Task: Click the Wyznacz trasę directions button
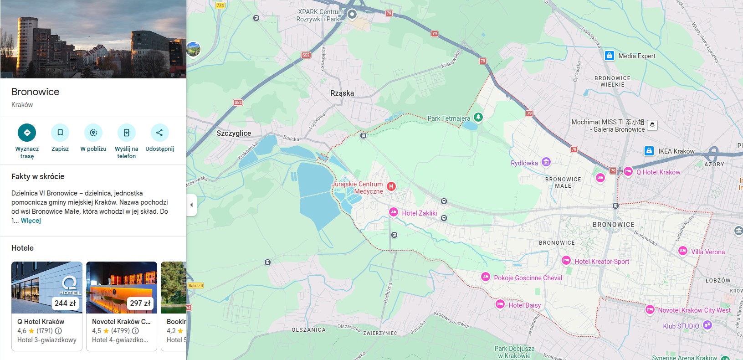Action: (27, 133)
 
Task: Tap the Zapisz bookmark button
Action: (60, 133)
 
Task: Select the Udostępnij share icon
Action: (159, 133)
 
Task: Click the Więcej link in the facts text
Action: (31, 221)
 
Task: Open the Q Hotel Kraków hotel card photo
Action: (47, 287)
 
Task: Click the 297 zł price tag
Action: (140, 303)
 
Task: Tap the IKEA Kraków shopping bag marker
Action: (649, 151)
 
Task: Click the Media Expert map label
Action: (636, 56)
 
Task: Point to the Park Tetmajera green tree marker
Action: (478, 117)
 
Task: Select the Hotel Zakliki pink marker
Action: (393, 212)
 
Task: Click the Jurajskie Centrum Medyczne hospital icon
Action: (391, 186)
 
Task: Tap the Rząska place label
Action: (342, 93)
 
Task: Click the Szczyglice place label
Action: (234, 133)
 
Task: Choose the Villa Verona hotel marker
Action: (682, 251)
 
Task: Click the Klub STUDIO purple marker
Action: (707, 325)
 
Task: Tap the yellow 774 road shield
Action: (220, 5)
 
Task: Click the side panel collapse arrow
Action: (192, 205)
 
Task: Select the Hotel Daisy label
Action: (524, 305)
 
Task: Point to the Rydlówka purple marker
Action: (546, 162)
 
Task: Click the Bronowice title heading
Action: (36, 92)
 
